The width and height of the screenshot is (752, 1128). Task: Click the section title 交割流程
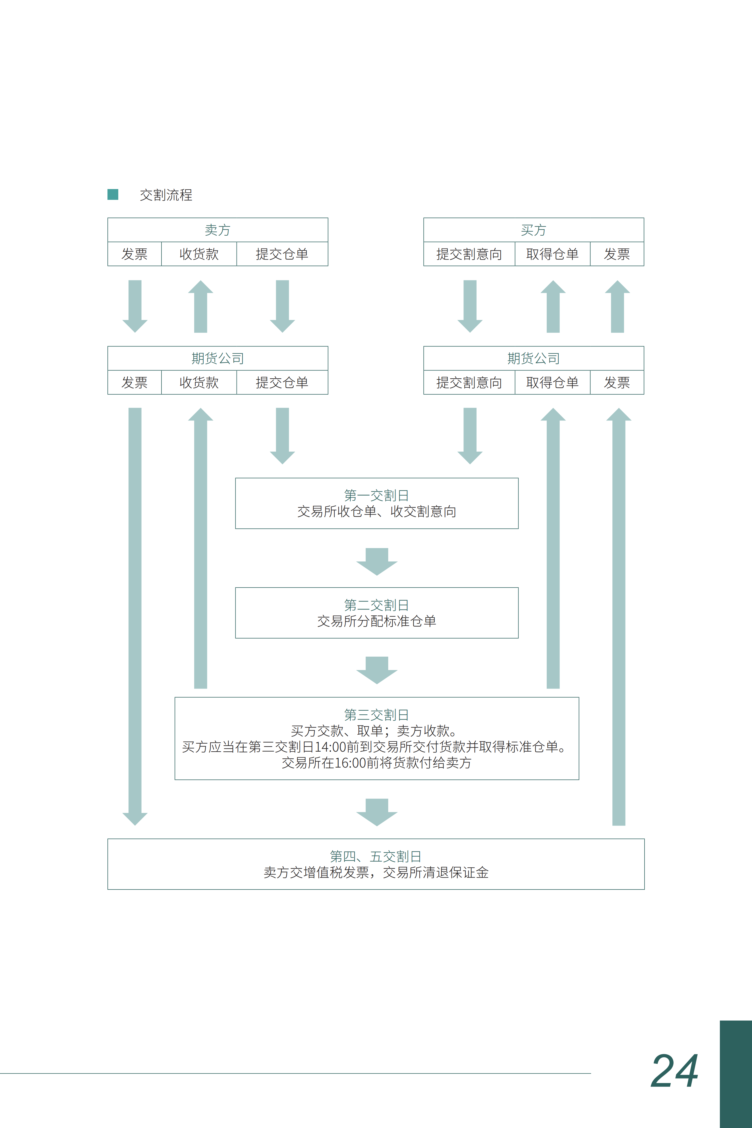pyautogui.click(x=166, y=195)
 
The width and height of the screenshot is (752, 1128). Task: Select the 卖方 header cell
pyautogui.click(x=218, y=230)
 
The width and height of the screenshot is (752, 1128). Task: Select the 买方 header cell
pyautogui.click(x=534, y=230)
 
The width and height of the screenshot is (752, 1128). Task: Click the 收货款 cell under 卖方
pyautogui.click(x=199, y=254)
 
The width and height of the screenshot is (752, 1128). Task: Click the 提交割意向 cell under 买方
pyautogui.click(x=469, y=254)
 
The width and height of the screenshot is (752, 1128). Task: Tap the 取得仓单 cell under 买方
pyautogui.click(x=552, y=254)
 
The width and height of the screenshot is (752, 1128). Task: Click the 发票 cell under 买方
pyautogui.click(x=617, y=254)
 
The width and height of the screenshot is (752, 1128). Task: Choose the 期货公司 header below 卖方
pyautogui.click(x=218, y=358)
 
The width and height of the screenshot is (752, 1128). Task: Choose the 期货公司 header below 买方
pyautogui.click(x=534, y=358)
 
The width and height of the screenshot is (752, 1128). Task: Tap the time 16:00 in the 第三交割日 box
pyautogui.click(x=350, y=763)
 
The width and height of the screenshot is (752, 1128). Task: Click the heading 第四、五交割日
pyautogui.click(x=376, y=856)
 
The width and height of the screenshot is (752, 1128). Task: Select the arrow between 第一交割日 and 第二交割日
pyautogui.click(x=377, y=561)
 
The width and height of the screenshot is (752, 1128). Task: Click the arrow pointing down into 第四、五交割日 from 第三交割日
pyautogui.click(x=377, y=812)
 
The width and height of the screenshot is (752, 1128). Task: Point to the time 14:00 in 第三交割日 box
pyautogui.click(x=330, y=747)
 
